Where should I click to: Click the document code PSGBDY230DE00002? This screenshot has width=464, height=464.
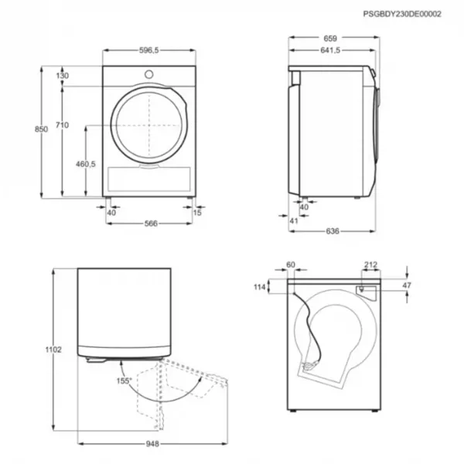402,14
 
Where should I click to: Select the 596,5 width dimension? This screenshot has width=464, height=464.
149,50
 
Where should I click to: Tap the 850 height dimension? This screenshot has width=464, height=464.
41,129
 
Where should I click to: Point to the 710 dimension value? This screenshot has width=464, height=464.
62,125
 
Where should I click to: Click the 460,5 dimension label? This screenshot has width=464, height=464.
86,164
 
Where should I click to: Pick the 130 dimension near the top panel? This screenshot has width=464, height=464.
62,76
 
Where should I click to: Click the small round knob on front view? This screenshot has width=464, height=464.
148,74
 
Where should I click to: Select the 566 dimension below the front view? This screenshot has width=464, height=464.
151,223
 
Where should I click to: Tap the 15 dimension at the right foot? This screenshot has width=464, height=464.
197,213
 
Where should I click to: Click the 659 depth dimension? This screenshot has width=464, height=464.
330,39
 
